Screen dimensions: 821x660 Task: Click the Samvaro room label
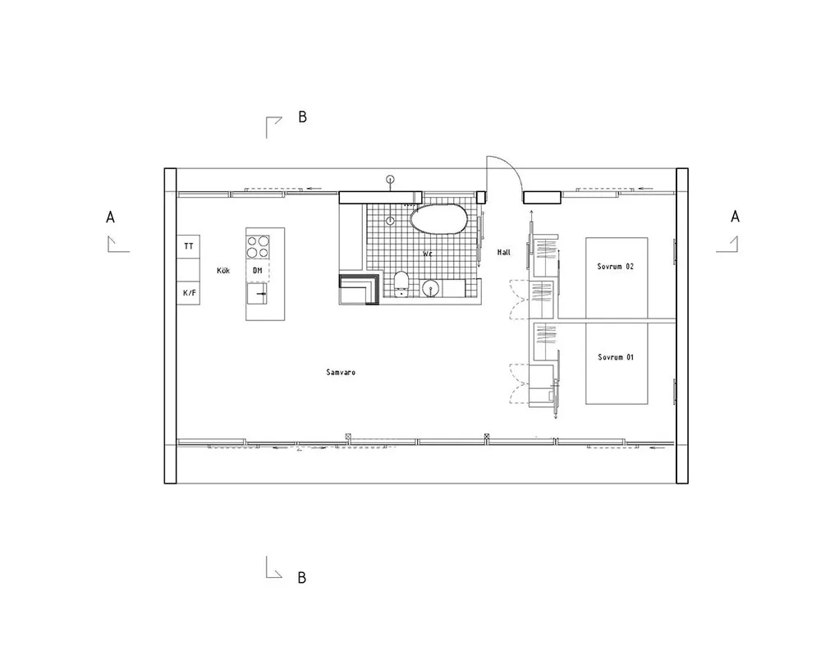[341, 372]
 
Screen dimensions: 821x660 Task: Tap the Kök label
[223, 271]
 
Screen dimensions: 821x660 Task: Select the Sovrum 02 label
[615, 267]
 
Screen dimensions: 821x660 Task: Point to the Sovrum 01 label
[616, 357]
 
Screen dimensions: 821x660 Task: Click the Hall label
[504, 252]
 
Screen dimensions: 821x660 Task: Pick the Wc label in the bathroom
[428, 254]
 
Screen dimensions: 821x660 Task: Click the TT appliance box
[189, 246]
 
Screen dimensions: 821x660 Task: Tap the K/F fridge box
[189, 292]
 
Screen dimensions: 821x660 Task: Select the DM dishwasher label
[258, 271]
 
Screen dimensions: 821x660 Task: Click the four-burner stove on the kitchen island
[258, 247]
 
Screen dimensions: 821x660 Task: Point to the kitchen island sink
[256, 294]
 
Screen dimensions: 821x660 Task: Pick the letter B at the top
[302, 117]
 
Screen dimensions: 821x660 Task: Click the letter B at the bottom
[301, 578]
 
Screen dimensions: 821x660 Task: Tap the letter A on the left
[110, 218]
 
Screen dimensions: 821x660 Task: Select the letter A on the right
[735, 217]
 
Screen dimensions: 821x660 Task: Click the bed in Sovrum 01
[617, 363]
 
